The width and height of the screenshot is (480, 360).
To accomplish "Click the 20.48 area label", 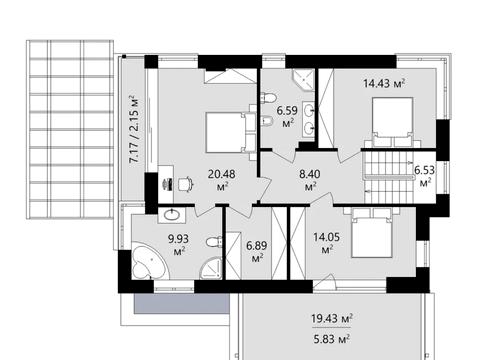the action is [221, 180].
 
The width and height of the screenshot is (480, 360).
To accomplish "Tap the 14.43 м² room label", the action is [384, 83].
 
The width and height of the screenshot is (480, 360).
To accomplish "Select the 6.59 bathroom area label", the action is [287, 116].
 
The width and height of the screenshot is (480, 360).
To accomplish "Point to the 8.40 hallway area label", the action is [310, 180].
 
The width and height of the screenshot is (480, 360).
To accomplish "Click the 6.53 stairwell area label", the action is [425, 176].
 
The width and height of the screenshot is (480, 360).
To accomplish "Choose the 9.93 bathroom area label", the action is [178, 245].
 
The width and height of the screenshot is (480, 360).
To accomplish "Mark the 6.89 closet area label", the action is [257, 251].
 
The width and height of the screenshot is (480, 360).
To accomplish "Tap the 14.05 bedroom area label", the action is [327, 243].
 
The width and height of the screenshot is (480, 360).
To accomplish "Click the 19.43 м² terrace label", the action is [332, 318].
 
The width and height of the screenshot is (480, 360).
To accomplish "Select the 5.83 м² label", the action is [331, 340].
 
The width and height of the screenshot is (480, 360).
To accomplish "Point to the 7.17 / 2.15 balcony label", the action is [133, 129].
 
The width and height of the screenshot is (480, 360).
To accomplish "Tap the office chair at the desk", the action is [185, 184].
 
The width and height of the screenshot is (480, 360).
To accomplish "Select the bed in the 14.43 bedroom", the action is [393, 122].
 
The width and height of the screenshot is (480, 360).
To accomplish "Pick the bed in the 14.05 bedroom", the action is [372, 233].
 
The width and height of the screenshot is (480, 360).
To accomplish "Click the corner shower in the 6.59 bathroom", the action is [304, 80].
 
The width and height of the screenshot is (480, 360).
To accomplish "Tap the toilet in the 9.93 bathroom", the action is [214, 241].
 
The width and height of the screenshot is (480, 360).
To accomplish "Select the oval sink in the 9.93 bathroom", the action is [172, 215].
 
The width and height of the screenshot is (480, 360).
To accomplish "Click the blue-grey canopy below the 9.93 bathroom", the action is [182, 303].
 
